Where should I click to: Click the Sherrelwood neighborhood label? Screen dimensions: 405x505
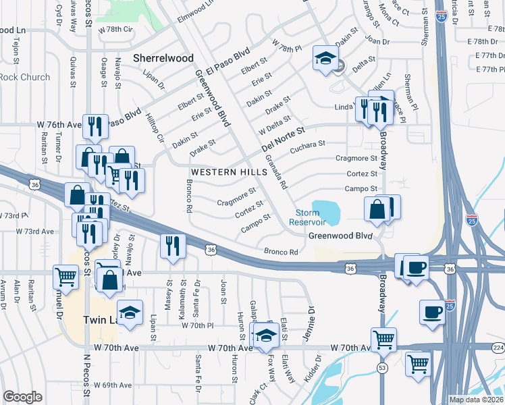coord(163,58)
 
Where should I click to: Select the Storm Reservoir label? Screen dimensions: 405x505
coord(307,217)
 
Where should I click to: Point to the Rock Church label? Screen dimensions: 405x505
coord(25,77)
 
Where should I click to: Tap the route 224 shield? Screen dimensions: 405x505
coord(498,348)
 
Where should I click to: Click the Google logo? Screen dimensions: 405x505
coord(22,397)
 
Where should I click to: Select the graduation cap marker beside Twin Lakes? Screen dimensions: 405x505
coord(130,312)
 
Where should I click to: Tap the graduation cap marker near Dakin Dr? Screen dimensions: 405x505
coord(325,59)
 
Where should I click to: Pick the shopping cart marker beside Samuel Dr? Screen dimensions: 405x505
coord(66,275)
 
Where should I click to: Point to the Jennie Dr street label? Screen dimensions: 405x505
coord(311,317)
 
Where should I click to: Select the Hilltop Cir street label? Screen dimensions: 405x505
coord(155,128)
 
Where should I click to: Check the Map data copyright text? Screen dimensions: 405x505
coord(475,400)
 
